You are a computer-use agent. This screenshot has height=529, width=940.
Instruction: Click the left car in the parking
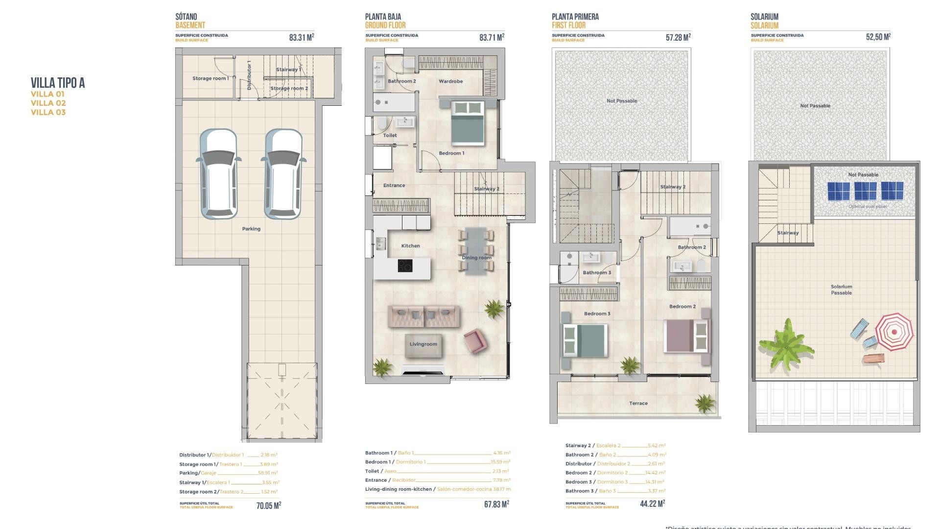point(218,174)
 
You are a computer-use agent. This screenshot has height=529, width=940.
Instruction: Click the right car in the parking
point(283,174)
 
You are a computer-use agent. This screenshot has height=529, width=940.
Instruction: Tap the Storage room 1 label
point(210,78)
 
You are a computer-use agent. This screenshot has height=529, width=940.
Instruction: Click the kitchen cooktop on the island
point(404,266)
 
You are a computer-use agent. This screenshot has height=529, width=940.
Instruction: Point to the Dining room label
point(476,258)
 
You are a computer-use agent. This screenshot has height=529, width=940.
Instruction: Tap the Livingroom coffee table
point(423,344)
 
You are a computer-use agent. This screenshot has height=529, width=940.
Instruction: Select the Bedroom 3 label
point(597,313)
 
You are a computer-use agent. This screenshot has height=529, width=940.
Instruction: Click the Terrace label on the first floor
point(638,404)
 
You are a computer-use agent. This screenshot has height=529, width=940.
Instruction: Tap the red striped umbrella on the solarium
point(894,332)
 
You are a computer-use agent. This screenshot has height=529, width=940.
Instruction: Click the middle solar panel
point(865,191)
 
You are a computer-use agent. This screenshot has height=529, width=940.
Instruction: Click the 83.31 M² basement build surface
point(301,37)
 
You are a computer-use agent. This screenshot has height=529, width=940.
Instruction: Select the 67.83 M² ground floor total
point(496,504)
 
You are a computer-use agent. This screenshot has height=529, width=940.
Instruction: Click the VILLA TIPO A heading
point(58,83)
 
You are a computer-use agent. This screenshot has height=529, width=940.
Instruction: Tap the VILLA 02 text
point(48,103)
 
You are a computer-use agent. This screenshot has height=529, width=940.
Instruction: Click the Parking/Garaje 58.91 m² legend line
point(228,473)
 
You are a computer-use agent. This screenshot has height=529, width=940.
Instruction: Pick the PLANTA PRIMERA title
point(575,17)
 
